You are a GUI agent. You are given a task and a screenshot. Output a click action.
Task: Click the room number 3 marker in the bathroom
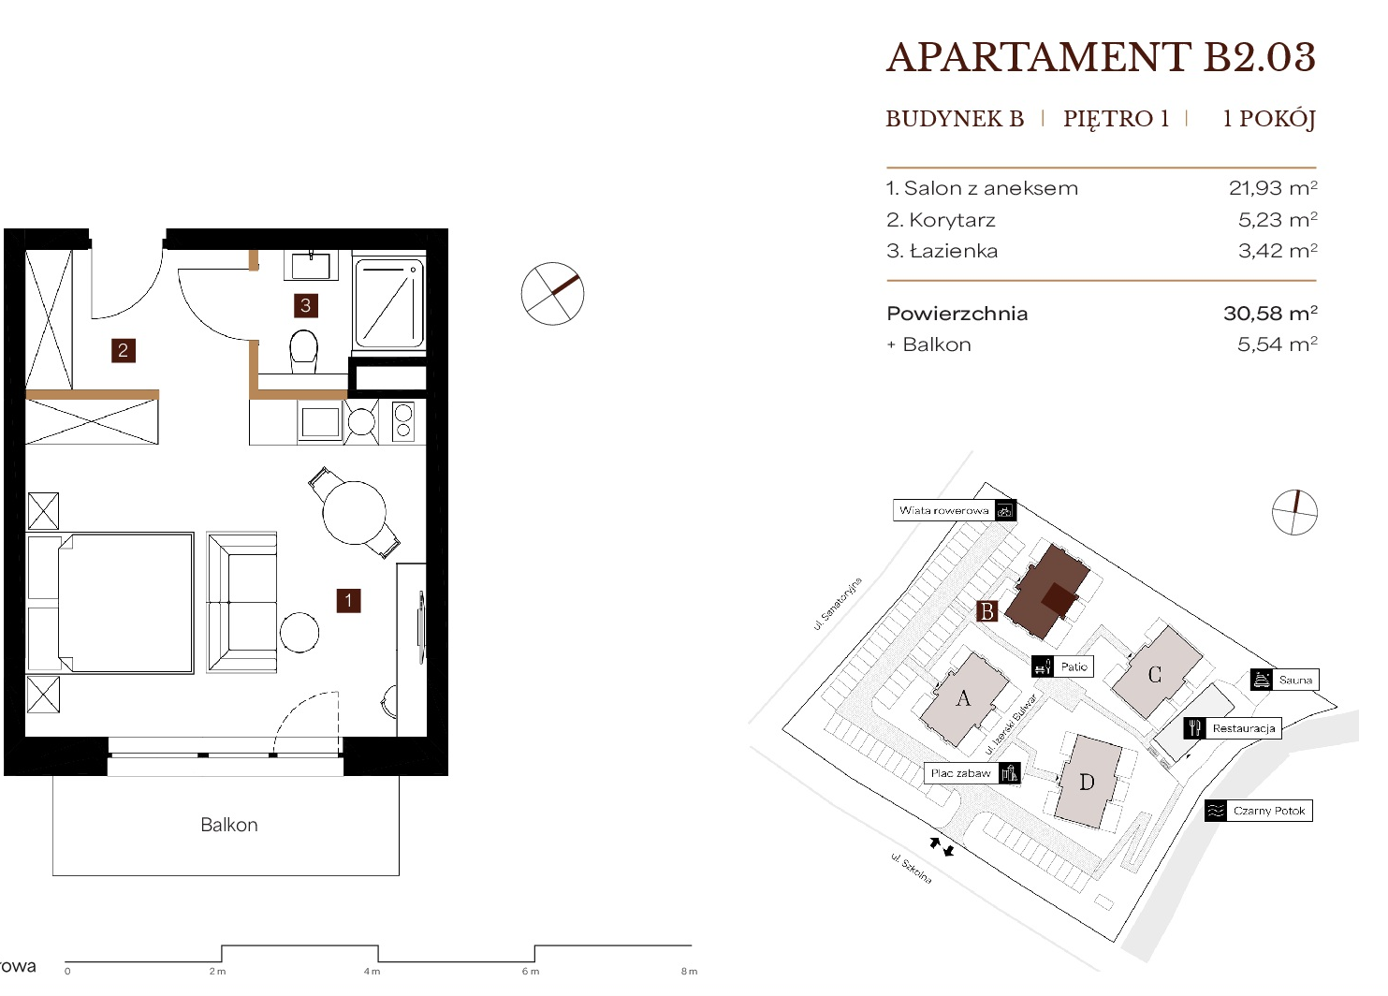[305, 305]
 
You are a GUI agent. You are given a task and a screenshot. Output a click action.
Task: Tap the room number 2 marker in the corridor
[124, 351]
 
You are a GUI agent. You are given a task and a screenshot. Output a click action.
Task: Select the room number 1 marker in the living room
[348, 601]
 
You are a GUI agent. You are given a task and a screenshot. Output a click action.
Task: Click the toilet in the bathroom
[303, 351]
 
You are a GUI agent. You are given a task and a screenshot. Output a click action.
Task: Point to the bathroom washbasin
[311, 265]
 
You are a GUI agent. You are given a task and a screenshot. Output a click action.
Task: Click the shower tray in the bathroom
[389, 303]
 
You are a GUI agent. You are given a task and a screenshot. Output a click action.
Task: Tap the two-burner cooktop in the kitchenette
[403, 421]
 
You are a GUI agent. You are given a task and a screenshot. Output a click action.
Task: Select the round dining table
[354, 513]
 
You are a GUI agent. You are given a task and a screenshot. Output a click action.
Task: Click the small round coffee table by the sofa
[300, 633]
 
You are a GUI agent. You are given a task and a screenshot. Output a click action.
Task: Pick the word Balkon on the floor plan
[229, 825]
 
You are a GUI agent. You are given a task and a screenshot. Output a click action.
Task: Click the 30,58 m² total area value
[1270, 313]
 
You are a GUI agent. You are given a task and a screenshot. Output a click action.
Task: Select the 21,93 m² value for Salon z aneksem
[1273, 188]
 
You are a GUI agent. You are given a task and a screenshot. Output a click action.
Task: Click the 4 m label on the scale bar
[372, 972]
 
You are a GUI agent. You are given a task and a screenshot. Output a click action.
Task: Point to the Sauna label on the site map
[1295, 680]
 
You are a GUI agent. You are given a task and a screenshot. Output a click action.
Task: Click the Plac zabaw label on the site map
[961, 773]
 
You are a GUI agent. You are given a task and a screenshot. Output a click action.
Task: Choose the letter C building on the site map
[1155, 674]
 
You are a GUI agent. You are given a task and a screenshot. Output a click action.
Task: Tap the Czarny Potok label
[1269, 811]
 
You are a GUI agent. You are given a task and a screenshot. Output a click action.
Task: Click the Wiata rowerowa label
[943, 511]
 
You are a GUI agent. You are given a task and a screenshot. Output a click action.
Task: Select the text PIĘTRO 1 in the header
[1116, 118]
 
